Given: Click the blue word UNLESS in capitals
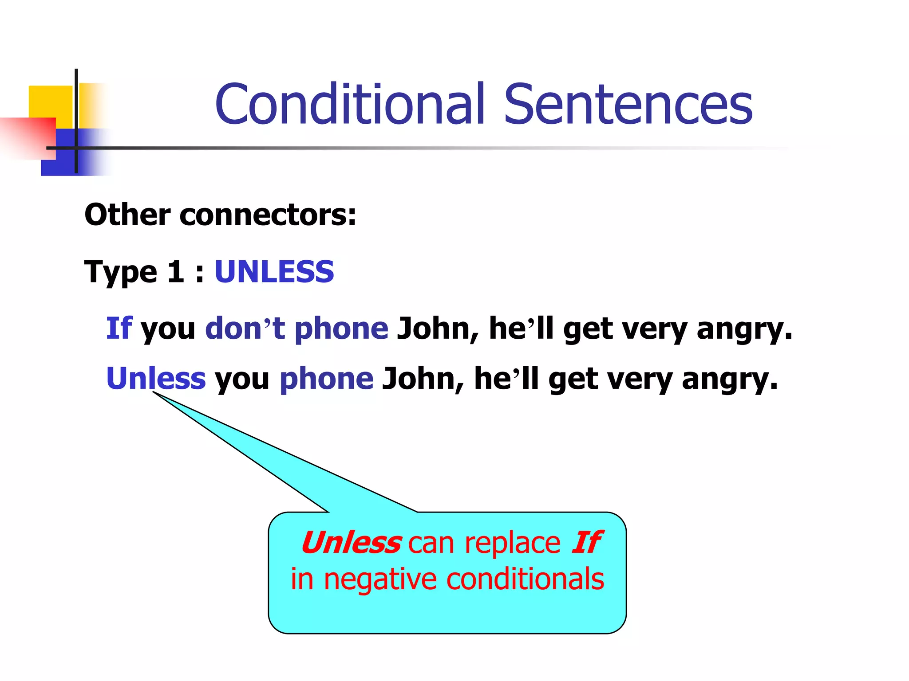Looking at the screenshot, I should point(274,271).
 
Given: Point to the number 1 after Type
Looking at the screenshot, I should point(176,271).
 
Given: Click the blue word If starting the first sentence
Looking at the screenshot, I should point(119,329).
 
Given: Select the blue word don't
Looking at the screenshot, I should point(245,329).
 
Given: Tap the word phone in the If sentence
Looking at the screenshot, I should point(341,329).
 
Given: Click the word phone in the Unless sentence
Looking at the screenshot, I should point(327,379).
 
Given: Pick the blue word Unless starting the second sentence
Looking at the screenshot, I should point(156,379).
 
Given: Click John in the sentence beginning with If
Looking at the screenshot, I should point(438,329).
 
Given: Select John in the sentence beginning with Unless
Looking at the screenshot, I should point(423,379).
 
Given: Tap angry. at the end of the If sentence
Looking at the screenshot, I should point(744,329).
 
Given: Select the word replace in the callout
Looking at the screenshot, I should point(512,544).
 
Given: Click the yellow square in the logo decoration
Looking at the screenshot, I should point(50,101).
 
